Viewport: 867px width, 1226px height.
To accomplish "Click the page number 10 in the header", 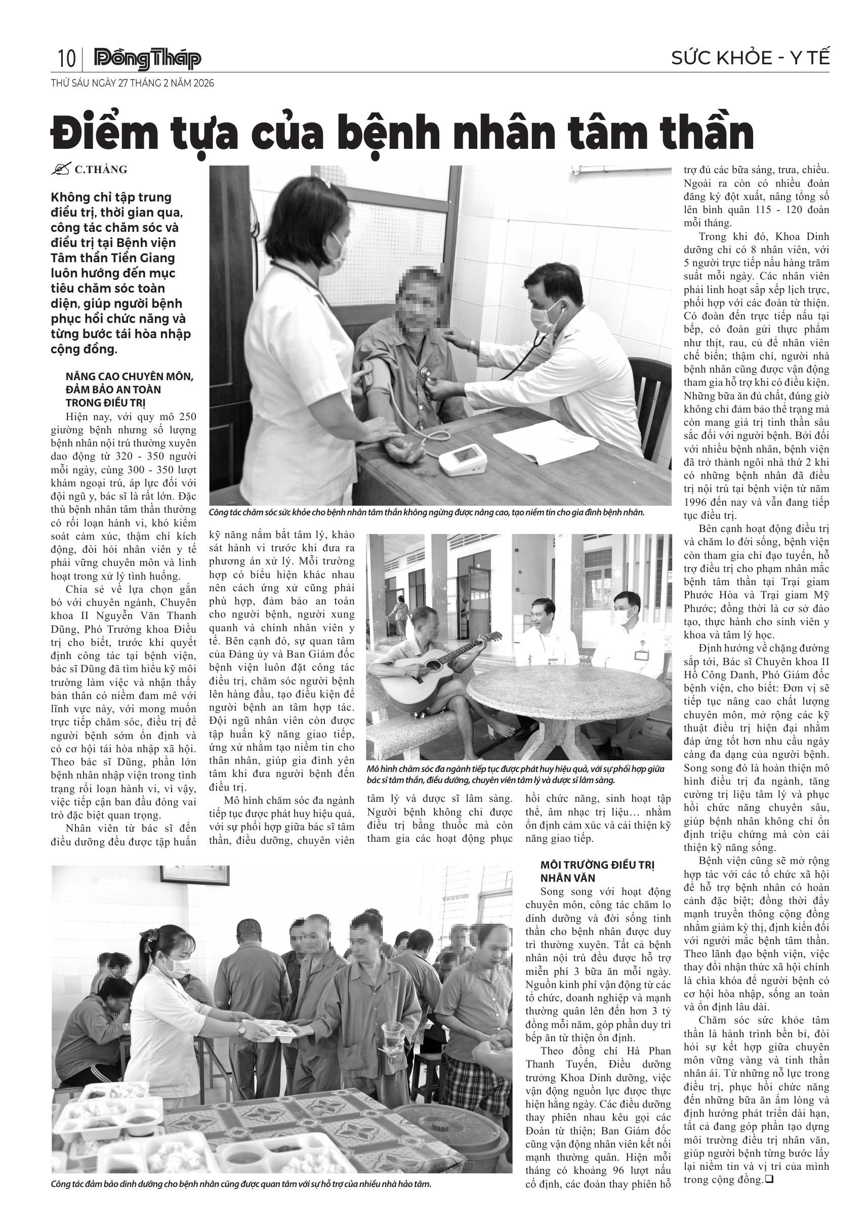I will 66,58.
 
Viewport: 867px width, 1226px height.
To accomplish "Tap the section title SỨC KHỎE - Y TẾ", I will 751,58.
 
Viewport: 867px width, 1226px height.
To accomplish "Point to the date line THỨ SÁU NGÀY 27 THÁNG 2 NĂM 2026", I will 133,84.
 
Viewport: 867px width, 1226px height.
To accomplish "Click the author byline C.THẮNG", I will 100,170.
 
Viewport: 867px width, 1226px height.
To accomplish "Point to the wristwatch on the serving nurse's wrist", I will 242,1029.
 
